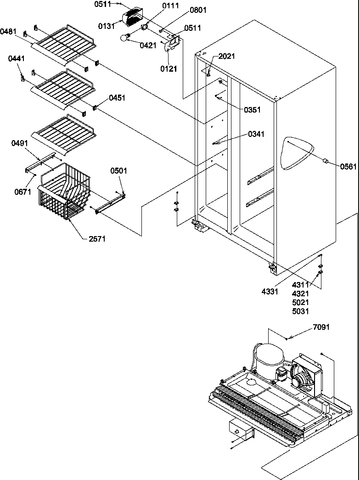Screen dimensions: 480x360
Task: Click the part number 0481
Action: point(9,32)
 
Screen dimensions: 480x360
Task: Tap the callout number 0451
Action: point(117,98)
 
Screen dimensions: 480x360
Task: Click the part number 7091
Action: point(321,328)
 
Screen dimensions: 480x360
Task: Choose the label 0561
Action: point(349,166)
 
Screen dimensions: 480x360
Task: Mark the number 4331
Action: point(270,291)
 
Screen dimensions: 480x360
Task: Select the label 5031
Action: point(300,311)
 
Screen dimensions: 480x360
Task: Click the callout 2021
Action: point(226,56)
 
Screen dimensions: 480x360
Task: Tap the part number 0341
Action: point(256,134)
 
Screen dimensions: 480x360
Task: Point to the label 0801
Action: point(185,9)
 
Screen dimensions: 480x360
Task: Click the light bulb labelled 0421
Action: point(124,38)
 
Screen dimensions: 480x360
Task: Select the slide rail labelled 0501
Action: point(111,202)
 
